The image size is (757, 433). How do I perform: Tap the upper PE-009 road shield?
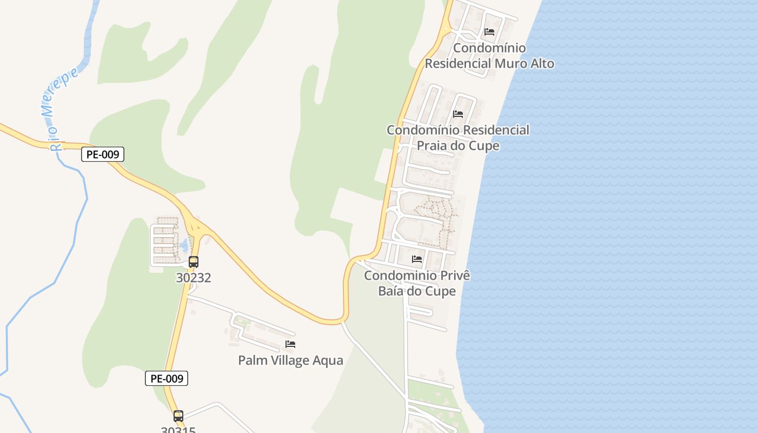(103, 155)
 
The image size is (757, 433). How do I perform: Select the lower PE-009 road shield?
(167, 378)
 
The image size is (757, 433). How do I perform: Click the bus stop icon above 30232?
(194, 262)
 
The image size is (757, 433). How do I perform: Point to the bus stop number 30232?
(194, 278)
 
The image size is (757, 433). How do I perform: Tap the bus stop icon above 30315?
(178, 416)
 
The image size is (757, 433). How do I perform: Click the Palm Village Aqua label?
(291, 360)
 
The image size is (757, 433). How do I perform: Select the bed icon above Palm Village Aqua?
(290, 344)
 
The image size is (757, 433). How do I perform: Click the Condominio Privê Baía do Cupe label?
(417, 283)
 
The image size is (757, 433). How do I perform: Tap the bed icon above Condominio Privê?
(417, 259)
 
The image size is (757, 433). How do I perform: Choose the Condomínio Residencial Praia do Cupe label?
(458, 138)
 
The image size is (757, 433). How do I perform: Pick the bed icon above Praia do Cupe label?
(458, 114)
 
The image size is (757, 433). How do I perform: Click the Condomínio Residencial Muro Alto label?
(489, 56)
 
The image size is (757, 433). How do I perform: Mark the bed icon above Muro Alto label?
(489, 32)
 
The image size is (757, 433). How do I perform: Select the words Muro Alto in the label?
(523, 64)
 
